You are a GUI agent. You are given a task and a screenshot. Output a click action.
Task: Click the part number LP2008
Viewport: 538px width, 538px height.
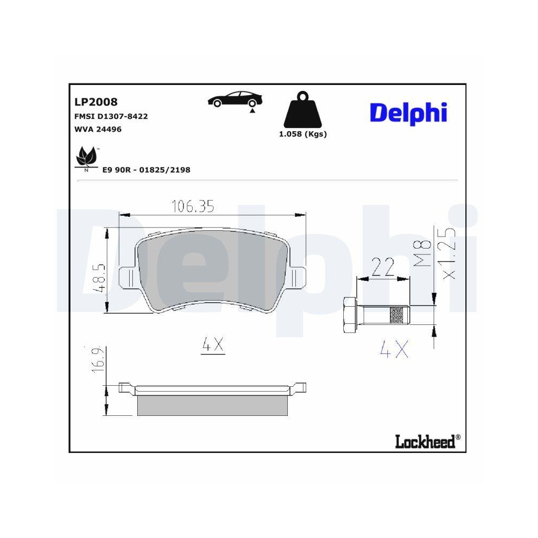point(95,102)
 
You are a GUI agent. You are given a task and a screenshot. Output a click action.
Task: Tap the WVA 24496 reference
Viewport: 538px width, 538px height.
point(98,130)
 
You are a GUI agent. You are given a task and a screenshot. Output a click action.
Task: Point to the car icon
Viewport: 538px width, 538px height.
point(235,100)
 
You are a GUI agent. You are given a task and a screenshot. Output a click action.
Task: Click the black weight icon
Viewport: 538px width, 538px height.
point(302,111)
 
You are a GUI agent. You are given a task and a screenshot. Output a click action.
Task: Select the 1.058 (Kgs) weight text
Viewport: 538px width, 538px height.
point(302,134)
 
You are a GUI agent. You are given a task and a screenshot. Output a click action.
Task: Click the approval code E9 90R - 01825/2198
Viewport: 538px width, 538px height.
point(146,170)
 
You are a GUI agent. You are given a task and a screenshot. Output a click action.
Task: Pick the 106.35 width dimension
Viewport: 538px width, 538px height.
point(193,206)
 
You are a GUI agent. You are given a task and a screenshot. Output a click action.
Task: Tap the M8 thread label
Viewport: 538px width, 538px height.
point(424,254)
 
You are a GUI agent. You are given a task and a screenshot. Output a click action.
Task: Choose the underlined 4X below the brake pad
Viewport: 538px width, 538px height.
point(212,346)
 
